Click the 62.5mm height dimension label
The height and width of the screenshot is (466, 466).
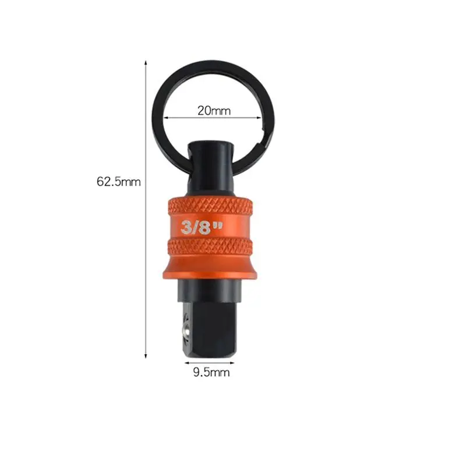pyautogui.click(x=119, y=182)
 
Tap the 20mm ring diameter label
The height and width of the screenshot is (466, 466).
pyautogui.click(x=214, y=111)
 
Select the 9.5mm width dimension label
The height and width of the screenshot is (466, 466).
pyautogui.click(x=211, y=372)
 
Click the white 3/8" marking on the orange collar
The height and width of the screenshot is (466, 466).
pyautogui.click(x=202, y=227)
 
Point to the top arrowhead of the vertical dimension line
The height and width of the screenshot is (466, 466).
pyautogui.click(x=146, y=62)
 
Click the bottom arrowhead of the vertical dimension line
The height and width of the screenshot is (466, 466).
pyautogui.click(x=146, y=356)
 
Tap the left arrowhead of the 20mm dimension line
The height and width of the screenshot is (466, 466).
pyautogui.click(x=166, y=118)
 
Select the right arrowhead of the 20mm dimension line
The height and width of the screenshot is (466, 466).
pyautogui.click(x=259, y=118)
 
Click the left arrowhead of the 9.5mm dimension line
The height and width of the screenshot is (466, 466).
pyautogui.click(x=187, y=363)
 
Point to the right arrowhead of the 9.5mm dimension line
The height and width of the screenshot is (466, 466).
pyautogui.click(x=232, y=363)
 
